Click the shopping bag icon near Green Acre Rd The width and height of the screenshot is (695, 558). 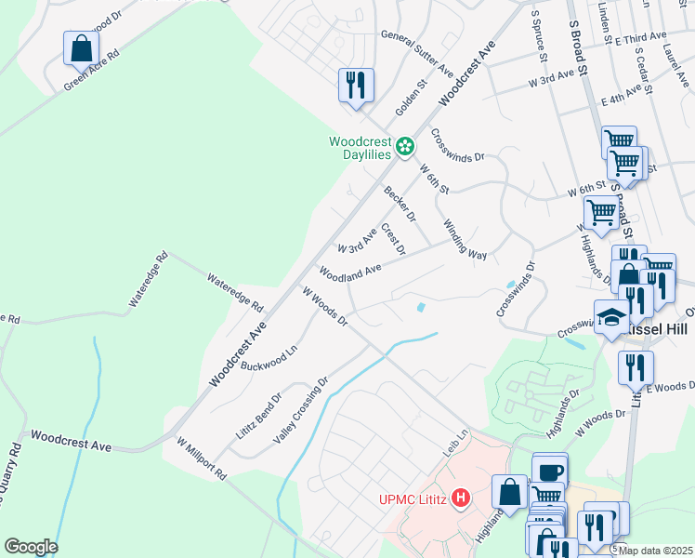(81, 47)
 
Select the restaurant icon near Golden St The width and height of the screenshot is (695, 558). (356, 85)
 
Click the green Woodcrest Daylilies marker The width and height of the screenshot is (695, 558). (405, 146)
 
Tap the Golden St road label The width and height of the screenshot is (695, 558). (411, 96)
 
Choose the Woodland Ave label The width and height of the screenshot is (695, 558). (350, 271)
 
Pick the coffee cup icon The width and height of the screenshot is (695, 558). (549, 471)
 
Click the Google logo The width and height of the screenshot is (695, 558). (31, 546)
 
